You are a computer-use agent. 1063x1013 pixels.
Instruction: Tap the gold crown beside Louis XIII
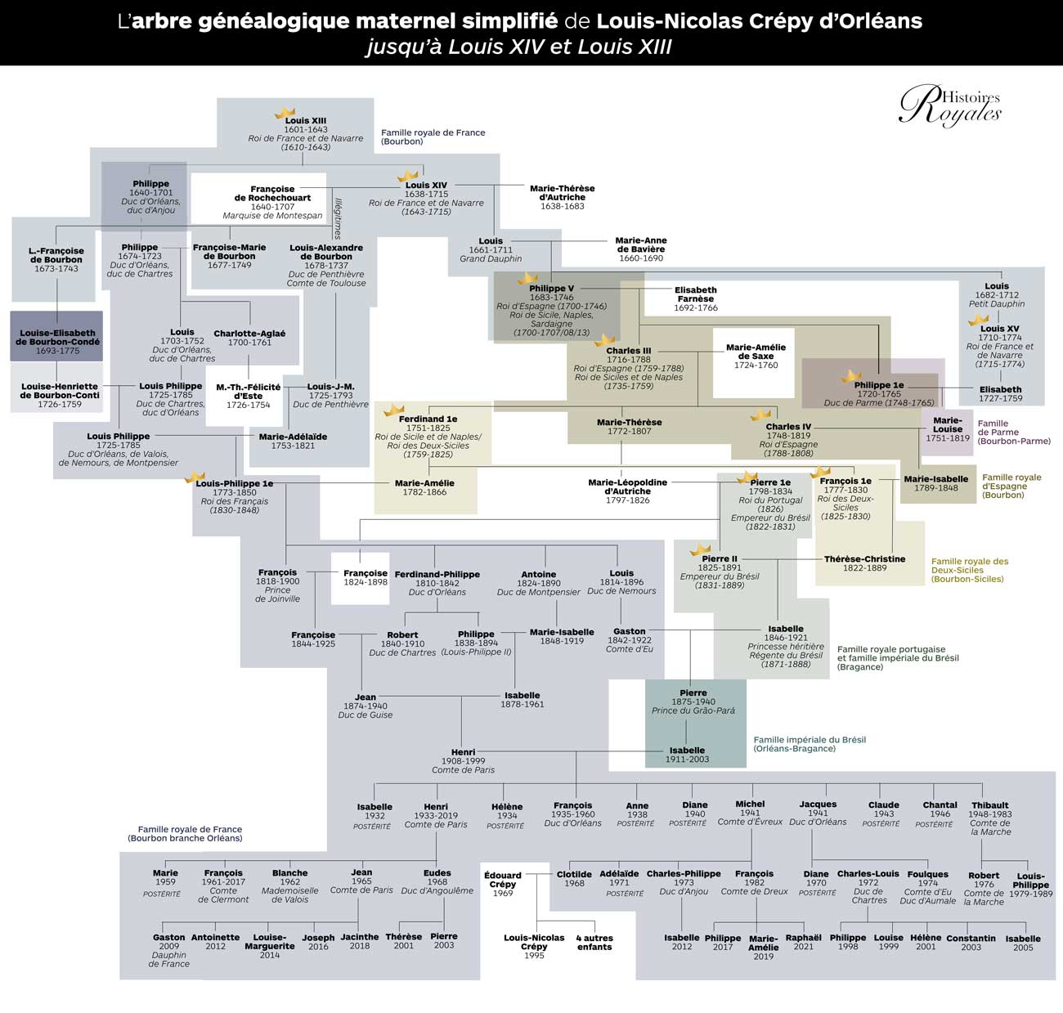pyautogui.click(x=285, y=113)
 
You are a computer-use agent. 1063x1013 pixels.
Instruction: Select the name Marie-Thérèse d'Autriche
pyautogui.click(x=563, y=192)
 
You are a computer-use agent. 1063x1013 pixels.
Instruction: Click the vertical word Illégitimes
pyautogui.click(x=338, y=218)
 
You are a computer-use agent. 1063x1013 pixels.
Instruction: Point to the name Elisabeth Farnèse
pyautogui.click(x=695, y=294)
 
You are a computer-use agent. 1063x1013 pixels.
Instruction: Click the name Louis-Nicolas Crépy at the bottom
pyautogui.click(x=534, y=942)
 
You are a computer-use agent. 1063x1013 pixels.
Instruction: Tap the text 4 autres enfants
pyautogui.click(x=594, y=942)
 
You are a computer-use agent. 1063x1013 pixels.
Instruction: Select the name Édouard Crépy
pyautogui.click(x=502, y=880)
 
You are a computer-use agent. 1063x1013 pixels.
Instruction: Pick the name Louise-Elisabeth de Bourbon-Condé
pyautogui.click(x=57, y=338)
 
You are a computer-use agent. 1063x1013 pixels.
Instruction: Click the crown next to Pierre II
pyautogui.click(x=700, y=549)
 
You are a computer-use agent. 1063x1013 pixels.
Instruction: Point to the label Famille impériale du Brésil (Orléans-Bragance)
pyautogui.click(x=810, y=744)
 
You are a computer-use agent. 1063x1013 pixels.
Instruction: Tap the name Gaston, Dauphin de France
pyautogui.click(x=168, y=950)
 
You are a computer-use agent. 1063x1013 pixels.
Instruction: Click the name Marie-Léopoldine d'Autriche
pyautogui.click(x=627, y=486)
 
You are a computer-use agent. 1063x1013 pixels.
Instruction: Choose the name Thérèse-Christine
pyautogui.click(x=864, y=558)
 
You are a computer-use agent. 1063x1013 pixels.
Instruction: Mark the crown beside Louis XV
pyautogui.click(x=978, y=320)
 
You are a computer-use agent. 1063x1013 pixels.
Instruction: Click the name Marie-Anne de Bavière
pyautogui.click(x=641, y=244)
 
